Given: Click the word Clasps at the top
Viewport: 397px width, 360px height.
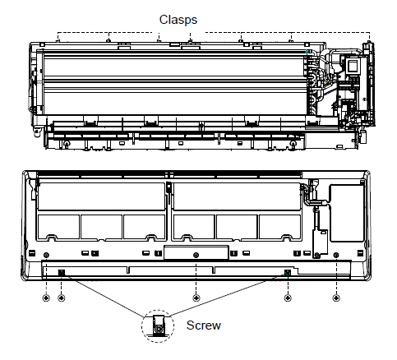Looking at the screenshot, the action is point(178,20).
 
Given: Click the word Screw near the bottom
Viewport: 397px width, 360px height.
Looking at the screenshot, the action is point(203,325).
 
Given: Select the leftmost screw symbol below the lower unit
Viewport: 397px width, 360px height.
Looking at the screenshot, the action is point(46,298).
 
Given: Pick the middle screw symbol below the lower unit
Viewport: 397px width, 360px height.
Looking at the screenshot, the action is point(196,298).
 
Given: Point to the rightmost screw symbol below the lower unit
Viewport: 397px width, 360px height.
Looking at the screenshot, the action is point(336,298).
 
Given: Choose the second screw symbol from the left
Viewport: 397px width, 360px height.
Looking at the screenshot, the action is point(62,298).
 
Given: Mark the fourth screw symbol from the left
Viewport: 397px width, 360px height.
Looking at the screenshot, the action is point(288,298).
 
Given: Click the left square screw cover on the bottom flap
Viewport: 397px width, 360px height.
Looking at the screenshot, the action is point(62,273).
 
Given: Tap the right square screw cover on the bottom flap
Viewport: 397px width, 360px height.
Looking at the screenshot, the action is point(288,273).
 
